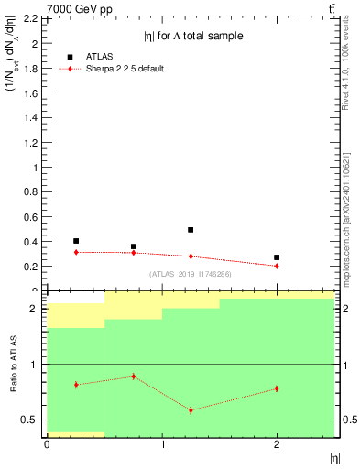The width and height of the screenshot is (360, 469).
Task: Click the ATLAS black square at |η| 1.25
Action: (x=191, y=230)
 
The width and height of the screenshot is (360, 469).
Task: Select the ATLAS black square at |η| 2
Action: (x=277, y=257)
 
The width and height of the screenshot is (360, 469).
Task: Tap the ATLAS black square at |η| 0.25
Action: (x=76, y=241)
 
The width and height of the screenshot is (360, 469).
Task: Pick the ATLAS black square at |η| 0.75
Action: (x=134, y=246)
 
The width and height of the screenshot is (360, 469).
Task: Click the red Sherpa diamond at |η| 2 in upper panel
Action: (x=277, y=266)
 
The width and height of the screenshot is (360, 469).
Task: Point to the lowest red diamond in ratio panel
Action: (x=191, y=409)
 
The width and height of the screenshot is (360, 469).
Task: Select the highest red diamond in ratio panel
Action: (x=134, y=376)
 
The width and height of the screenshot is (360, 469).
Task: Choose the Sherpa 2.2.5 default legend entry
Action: (x=125, y=69)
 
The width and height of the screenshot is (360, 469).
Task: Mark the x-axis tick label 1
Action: (x=162, y=444)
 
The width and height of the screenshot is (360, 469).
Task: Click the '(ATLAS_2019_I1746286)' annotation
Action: (x=191, y=274)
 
